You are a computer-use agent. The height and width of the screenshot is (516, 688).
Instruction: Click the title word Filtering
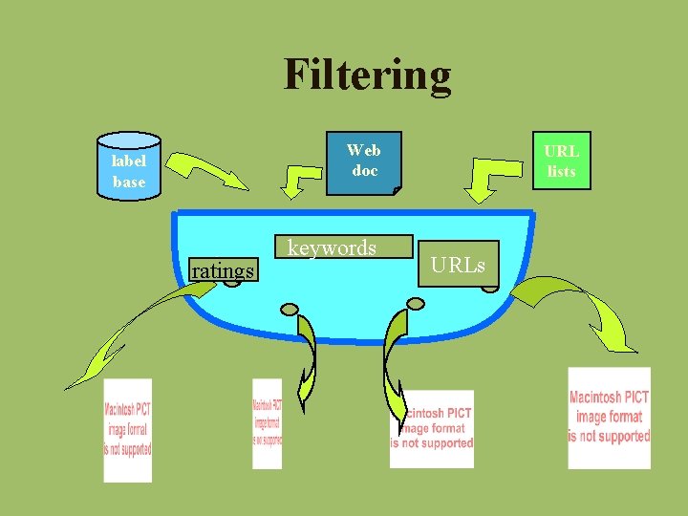[x=367, y=75]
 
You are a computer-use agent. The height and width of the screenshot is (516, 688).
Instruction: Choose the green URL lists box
[x=562, y=161]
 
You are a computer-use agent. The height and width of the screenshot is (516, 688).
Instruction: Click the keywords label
[x=333, y=248]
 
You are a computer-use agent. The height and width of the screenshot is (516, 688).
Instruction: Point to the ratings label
[x=223, y=271]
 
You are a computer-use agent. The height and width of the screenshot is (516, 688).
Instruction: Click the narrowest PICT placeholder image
[x=267, y=423]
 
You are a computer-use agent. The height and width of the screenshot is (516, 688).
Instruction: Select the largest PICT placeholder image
[x=609, y=418]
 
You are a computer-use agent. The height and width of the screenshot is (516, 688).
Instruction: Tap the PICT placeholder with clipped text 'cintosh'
[x=432, y=427]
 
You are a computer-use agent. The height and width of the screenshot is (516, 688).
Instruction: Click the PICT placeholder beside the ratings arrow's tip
[x=128, y=430]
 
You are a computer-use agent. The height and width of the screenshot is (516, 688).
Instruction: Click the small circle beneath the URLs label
[x=489, y=284]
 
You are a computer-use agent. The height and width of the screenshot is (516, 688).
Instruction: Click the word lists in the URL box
[x=562, y=172]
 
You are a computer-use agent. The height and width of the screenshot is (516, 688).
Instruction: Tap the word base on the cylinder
[x=129, y=182]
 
